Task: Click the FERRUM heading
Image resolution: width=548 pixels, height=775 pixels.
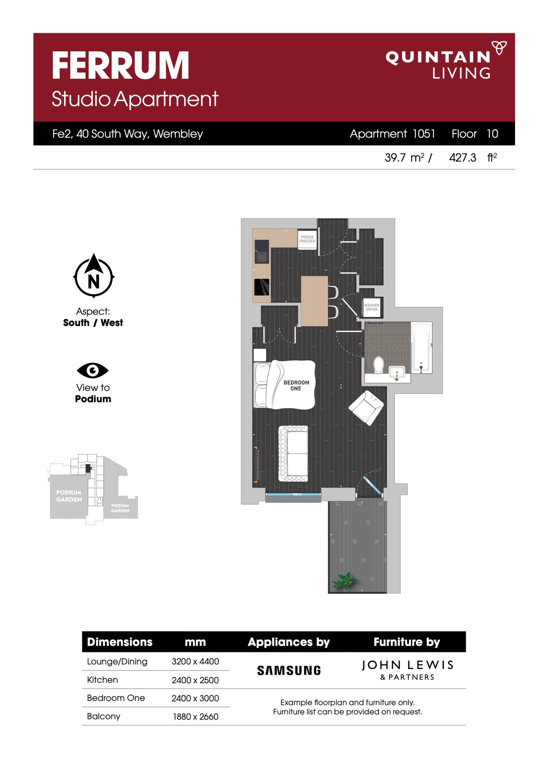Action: point(121,65)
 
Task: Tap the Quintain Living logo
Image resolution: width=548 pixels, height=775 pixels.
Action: point(446,60)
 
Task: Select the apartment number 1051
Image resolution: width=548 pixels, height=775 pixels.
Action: point(424,134)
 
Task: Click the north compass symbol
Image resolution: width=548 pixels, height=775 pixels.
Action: point(94,276)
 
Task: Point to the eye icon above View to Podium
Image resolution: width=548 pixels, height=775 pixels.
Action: point(93,370)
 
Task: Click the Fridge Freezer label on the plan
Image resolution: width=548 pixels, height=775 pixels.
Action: point(307,239)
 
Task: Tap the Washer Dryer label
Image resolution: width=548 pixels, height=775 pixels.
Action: point(372,307)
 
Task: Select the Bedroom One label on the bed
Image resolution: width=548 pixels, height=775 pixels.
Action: point(296,385)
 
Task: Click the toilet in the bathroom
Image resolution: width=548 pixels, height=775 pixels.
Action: point(378,364)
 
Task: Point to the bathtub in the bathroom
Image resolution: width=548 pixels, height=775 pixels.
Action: point(421,348)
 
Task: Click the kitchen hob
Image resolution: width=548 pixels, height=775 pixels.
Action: point(262,287)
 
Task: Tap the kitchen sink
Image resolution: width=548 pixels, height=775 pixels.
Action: point(262,251)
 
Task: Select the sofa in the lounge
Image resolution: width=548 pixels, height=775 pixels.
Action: point(294,454)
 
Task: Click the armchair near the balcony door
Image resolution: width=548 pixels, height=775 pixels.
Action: point(366,408)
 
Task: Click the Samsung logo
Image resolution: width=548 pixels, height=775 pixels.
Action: point(289,671)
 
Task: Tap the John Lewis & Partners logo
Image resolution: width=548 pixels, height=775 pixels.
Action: point(407,670)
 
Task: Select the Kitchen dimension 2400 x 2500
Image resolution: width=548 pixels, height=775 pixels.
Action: point(195,680)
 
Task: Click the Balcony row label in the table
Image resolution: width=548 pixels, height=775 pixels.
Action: point(104,716)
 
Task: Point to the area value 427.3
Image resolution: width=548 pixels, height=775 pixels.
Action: point(463,158)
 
